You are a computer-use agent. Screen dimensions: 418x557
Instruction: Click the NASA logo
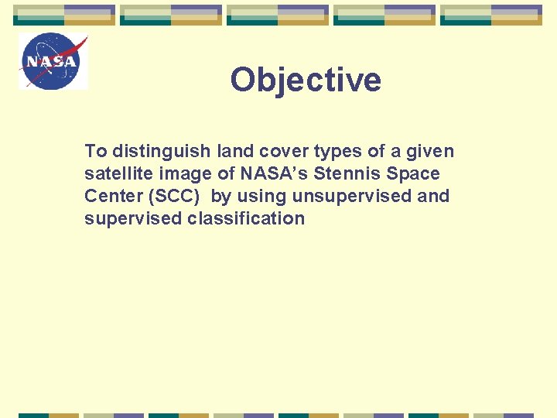[53, 61]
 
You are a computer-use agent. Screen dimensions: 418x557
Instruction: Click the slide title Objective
[306, 80]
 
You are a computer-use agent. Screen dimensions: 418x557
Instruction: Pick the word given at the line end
[429, 151]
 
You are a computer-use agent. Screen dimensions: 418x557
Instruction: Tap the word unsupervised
[352, 196]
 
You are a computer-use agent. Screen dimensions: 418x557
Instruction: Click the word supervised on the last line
[133, 218]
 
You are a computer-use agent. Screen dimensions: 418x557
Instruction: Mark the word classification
[246, 218]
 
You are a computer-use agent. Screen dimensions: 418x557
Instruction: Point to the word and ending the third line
[433, 196]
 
